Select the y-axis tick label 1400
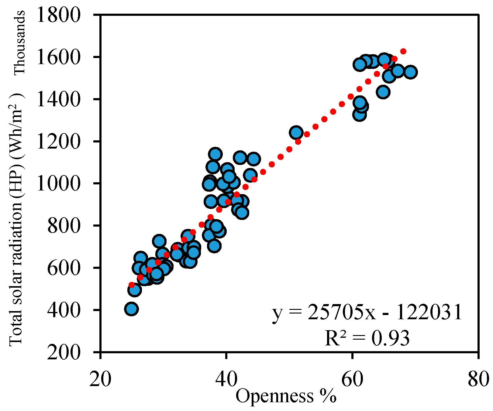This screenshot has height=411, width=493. [58, 99]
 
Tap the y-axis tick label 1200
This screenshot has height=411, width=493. [58, 141]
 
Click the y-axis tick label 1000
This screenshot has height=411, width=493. [58, 183]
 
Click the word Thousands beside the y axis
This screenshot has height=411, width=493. [19, 43]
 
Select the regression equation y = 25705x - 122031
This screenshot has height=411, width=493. [367, 313]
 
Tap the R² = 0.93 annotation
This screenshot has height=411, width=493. [367, 338]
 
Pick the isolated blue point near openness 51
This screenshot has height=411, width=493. [296, 132]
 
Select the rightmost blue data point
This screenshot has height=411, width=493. [411, 72]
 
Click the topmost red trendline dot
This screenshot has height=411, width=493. [403, 51]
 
